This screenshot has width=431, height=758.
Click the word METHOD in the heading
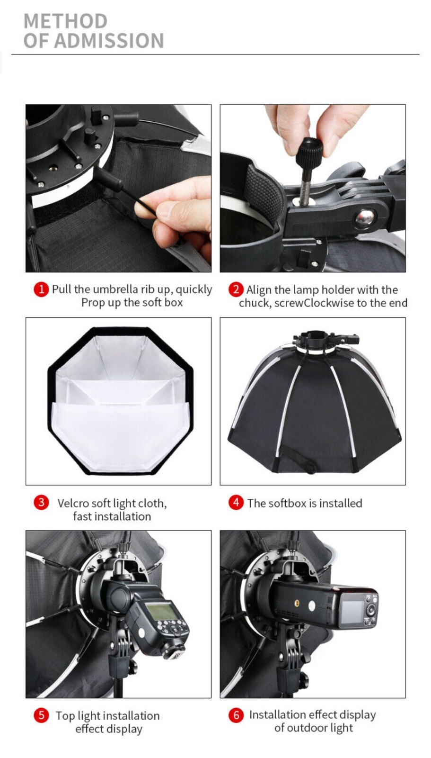pos(65,21)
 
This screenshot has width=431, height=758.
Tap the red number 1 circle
pos(41,289)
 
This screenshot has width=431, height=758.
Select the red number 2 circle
pos(236,289)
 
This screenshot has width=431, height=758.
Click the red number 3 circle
pos(41,502)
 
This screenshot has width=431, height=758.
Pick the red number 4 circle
pos(236,502)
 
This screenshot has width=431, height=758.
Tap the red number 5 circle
pos(41,715)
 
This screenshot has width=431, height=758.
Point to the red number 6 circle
pos(236,715)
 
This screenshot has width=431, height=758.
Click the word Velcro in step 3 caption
pos(73,503)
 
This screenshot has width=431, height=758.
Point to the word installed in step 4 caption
pos(341,503)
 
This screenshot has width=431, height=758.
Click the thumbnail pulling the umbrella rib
pos(118,188)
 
